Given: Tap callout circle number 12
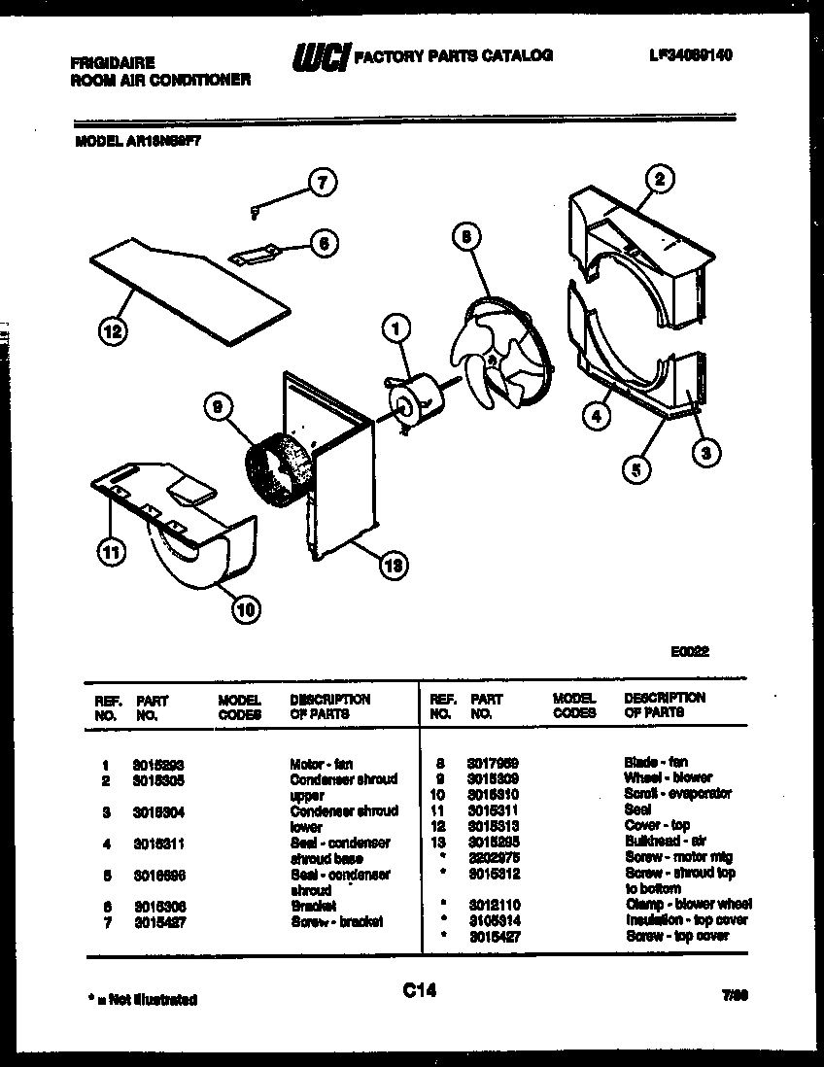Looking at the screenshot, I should [113, 332].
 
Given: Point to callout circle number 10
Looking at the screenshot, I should [246, 609].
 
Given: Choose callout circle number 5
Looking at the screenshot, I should [636, 469].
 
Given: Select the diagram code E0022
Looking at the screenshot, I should [689, 652].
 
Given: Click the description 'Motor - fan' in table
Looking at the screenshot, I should [321, 764].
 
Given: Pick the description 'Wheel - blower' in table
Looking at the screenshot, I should [668, 777].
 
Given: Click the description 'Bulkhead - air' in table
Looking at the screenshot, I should [665, 841].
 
